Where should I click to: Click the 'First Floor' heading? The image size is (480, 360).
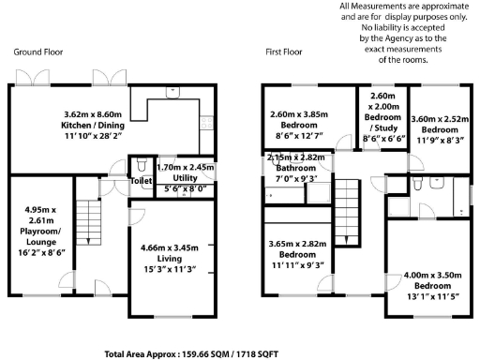285,52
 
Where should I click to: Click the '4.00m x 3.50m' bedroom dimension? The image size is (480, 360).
432,276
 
